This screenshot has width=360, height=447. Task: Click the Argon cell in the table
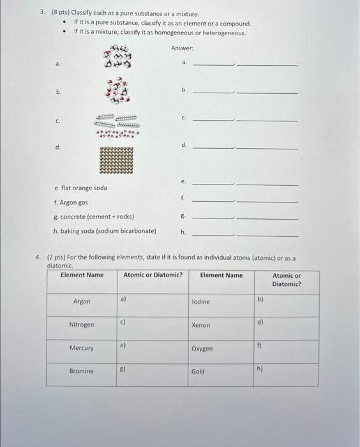(82, 301)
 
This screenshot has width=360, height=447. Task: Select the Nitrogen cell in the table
(82, 325)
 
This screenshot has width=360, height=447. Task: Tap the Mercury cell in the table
(82, 348)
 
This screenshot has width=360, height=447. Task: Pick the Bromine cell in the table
(82, 371)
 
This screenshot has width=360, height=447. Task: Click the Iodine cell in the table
(200, 301)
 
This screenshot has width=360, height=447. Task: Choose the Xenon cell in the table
(200, 325)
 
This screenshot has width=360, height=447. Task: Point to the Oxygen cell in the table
(202, 349)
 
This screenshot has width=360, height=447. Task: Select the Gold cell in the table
(198, 372)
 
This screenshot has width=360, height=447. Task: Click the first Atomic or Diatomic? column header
(153, 275)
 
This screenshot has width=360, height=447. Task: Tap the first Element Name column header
(82, 275)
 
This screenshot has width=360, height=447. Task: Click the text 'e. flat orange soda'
(81, 188)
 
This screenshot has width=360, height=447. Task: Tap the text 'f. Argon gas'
(71, 202)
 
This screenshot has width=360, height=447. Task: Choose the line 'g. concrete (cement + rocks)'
(94, 216)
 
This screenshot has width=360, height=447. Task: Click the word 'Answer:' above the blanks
(182, 49)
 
